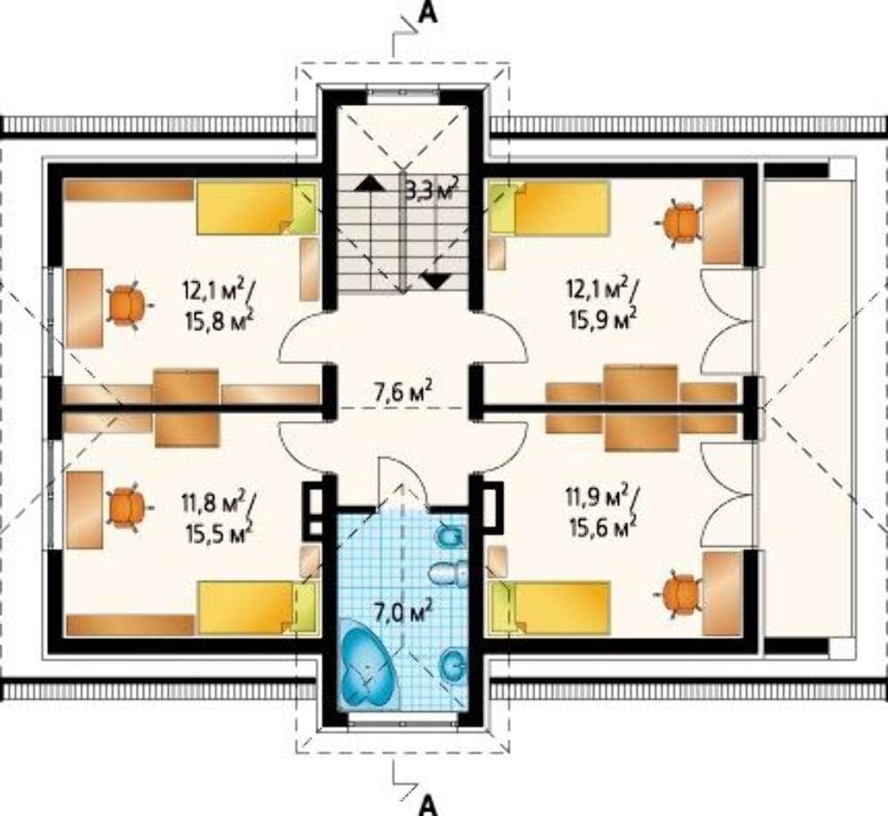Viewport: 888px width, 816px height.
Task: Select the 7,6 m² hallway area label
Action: click(x=403, y=392)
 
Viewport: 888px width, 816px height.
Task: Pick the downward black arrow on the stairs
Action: click(x=435, y=280)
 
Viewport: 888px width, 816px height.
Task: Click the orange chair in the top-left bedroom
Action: click(x=128, y=305)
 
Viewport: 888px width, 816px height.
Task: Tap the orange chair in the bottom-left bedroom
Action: click(x=127, y=506)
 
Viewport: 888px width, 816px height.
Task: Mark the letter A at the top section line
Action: click(x=428, y=13)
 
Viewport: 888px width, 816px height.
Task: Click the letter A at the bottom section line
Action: click(x=429, y=804)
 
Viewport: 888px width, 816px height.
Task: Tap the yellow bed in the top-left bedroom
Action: click(x=256, y=207)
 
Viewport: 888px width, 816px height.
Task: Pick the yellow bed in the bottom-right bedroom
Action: click(x=550, y=607)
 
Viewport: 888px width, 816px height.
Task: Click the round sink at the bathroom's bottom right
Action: click(x=454, y=663)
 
